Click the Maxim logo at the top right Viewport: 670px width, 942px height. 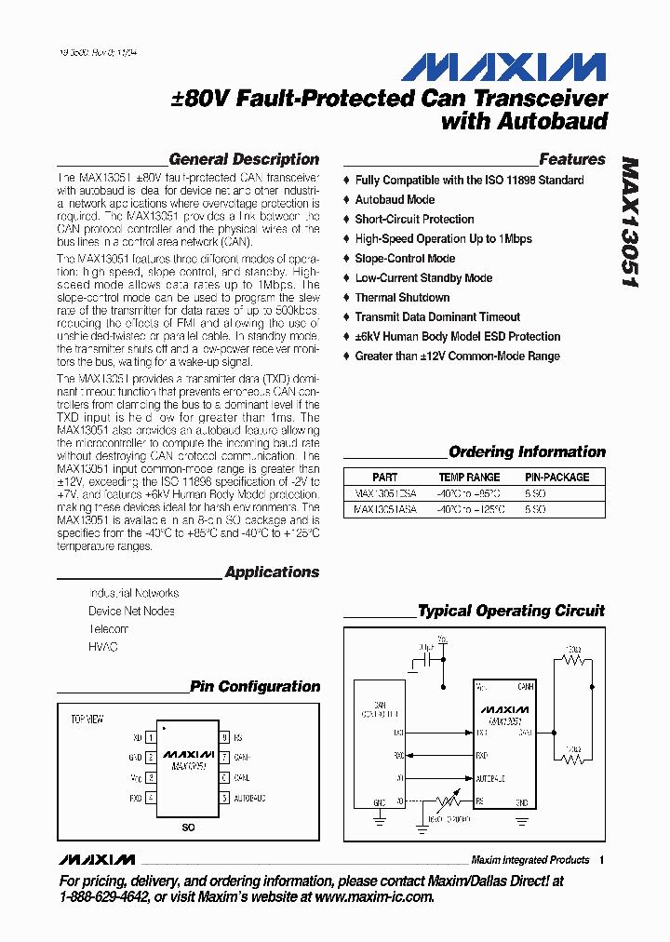(503, 68)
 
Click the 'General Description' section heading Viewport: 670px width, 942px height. (244, 159)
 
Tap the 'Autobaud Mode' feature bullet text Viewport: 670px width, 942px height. (395, 199)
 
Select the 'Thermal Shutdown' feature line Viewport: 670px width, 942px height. (402, 297)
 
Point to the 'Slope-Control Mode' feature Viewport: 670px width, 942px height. (405, 258)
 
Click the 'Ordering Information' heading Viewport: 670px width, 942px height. (527, 451)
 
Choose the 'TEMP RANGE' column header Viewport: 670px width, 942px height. (469, 477)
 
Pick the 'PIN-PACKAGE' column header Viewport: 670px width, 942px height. (556, 477)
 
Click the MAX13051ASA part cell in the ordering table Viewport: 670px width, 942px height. (386, 509)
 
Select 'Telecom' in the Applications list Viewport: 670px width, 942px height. (109, 628)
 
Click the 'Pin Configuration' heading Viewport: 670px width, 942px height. (254, 686)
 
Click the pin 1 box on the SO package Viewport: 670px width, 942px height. (151, 737)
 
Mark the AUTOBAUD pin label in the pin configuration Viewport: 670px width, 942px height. (249, 798)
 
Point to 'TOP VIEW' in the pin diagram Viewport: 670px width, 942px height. (87, 720)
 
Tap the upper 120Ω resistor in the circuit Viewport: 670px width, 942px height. (573, 662)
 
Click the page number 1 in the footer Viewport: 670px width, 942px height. (602, 860)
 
